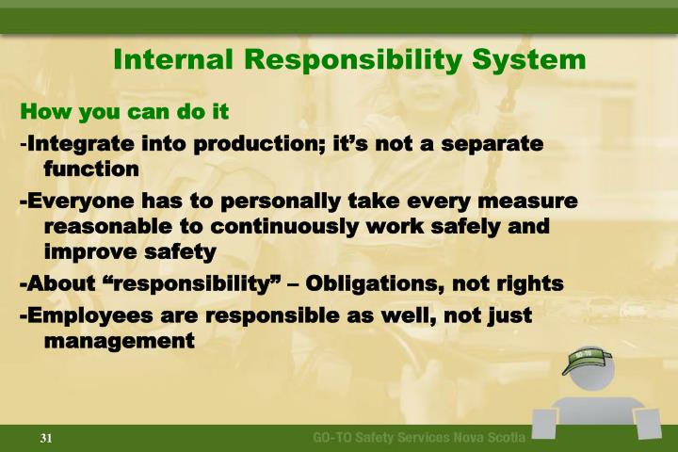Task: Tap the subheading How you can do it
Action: [125, 112]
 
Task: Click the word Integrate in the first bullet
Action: [77, 145]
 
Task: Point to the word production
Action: [246, 145]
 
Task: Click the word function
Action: [92, 169]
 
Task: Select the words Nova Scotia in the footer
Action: [492, 438]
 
